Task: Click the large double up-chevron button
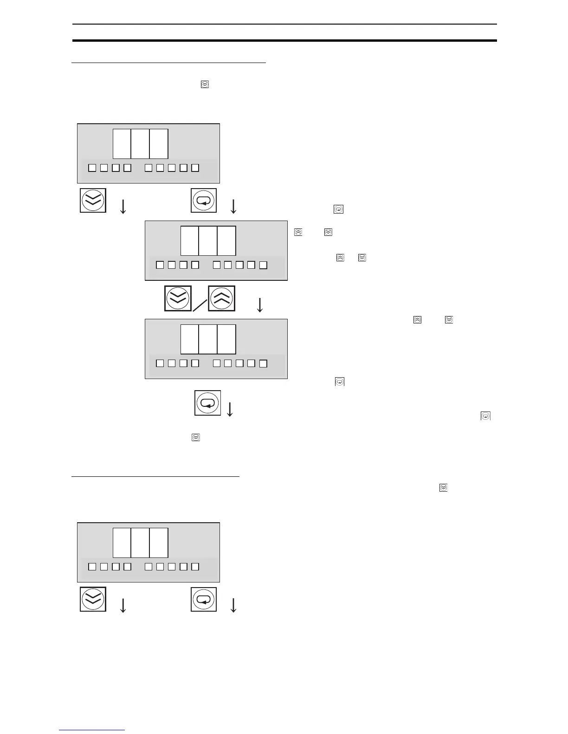click(x=222, y=298)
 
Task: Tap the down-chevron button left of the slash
click(x=178, y=298)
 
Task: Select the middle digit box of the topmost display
click(x=140, y=144)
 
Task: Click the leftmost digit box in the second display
click(x=189, y=241)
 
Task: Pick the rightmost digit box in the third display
click(x=226, y=339)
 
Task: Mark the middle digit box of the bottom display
click(x=140, y=543)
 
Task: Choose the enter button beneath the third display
click(x=207, y=403)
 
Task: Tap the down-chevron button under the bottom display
click(x=93, y=599)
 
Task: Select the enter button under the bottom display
click(x=204, y=599)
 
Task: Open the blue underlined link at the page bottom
click(x=92, y=730)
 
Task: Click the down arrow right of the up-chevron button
click(x=260, y=304)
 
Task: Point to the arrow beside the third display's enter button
click(x=229, y=409)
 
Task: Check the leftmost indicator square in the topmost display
click(x=92, y=168)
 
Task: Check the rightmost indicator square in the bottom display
click(x=195, y=566)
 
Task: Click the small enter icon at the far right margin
click(x=485, y=416)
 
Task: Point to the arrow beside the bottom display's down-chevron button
click(x=123, y=605)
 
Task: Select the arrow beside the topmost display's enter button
click(x=233, y=206)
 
